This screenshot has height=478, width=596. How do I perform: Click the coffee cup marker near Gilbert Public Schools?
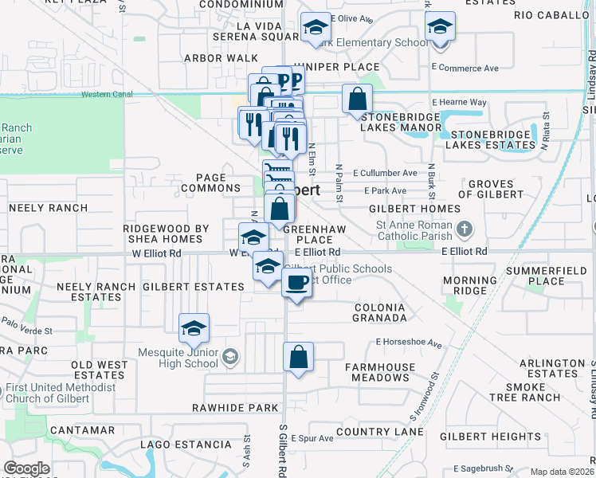pyautogui.click(x=297, y=282)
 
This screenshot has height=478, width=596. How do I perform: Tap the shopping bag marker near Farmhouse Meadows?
pyautogui.click(x=298, y=356)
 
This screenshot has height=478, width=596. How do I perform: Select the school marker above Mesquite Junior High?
pyautogui.click(x=194, y=327)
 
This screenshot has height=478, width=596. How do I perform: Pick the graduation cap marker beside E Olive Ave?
pyautogui.click(x=316, y=27)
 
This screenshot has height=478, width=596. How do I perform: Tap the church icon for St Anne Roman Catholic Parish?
pyautogui.click(x=466, y=231)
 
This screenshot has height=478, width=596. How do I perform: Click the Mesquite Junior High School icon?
pyautogui.click(x=230, y=355)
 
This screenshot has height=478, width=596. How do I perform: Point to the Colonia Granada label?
pyautogui.click(x=379, y=312)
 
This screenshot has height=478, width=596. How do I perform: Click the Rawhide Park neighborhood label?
pyautogui.click(x=235, y=408)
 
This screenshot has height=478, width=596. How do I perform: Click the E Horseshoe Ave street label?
pyautogui.click(x=409, y=344)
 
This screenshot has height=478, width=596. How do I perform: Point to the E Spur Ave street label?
pyautogui.click(x=312, y=438)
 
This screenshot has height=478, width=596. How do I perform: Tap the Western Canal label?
pyautogui.click(x=108, y=95)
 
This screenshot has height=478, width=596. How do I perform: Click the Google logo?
pyautogui.click(x=26, y=468)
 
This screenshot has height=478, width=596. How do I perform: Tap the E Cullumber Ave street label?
pyautogui.click(x=386, y=173)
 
